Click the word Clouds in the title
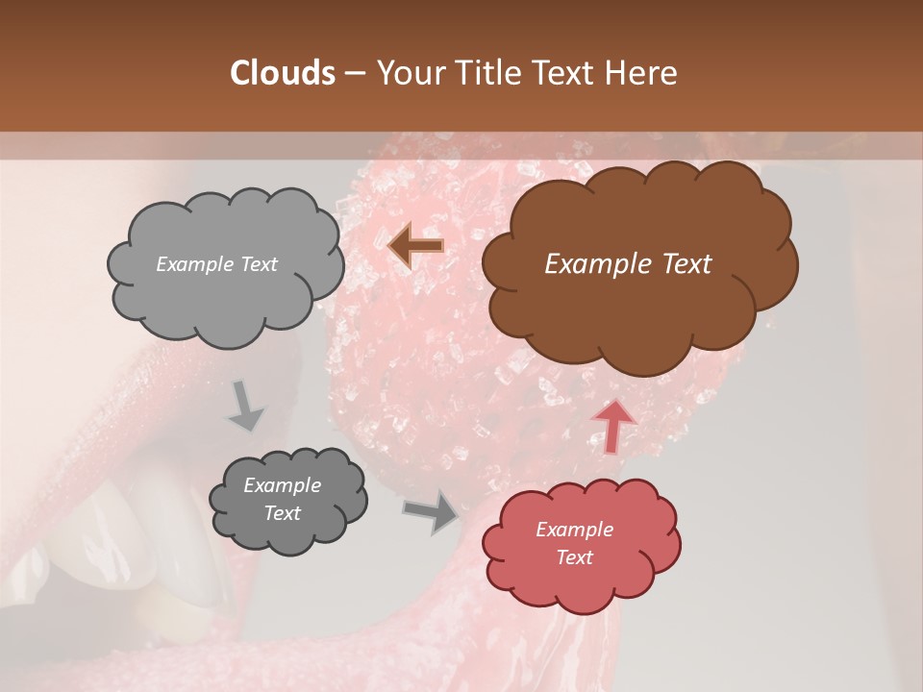tap(283, 73)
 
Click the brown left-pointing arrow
tap(415, 246)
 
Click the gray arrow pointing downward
tap(245, 405)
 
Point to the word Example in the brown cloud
tap(586, 264)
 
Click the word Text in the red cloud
tap(574, 557)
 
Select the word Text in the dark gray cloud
tap(282, 513)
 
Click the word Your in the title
tap(405, 73)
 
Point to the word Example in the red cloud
tap(574, 530)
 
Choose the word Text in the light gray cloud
tap(258, 264)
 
